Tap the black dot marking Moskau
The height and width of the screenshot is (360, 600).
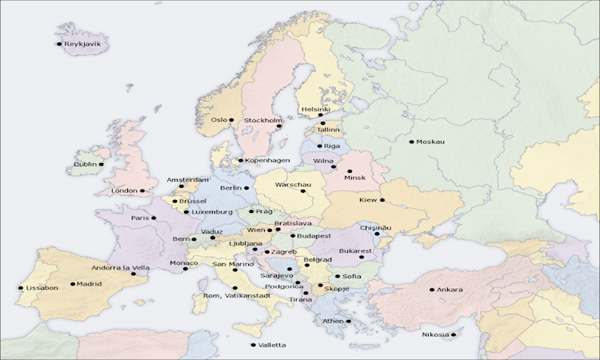click(411, 142)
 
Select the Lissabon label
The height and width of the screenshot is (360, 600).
click(42, 288)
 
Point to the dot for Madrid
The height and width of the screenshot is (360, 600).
click(73, 283)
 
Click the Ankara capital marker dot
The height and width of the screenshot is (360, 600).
click(432, 290)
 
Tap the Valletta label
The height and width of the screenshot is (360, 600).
click(272, 345)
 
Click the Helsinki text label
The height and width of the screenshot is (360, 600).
click(315, 109)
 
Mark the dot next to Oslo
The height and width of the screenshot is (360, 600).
click(231, 120)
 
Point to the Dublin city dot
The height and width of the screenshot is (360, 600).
click(101, 164)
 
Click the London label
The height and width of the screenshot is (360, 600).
click(125, 190)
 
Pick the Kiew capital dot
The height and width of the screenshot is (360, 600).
click(382, 200)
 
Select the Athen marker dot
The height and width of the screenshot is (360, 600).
click(349, 321)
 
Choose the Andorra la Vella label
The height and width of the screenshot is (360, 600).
click(119, 268)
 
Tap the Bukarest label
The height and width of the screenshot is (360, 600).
click(356, 251)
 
